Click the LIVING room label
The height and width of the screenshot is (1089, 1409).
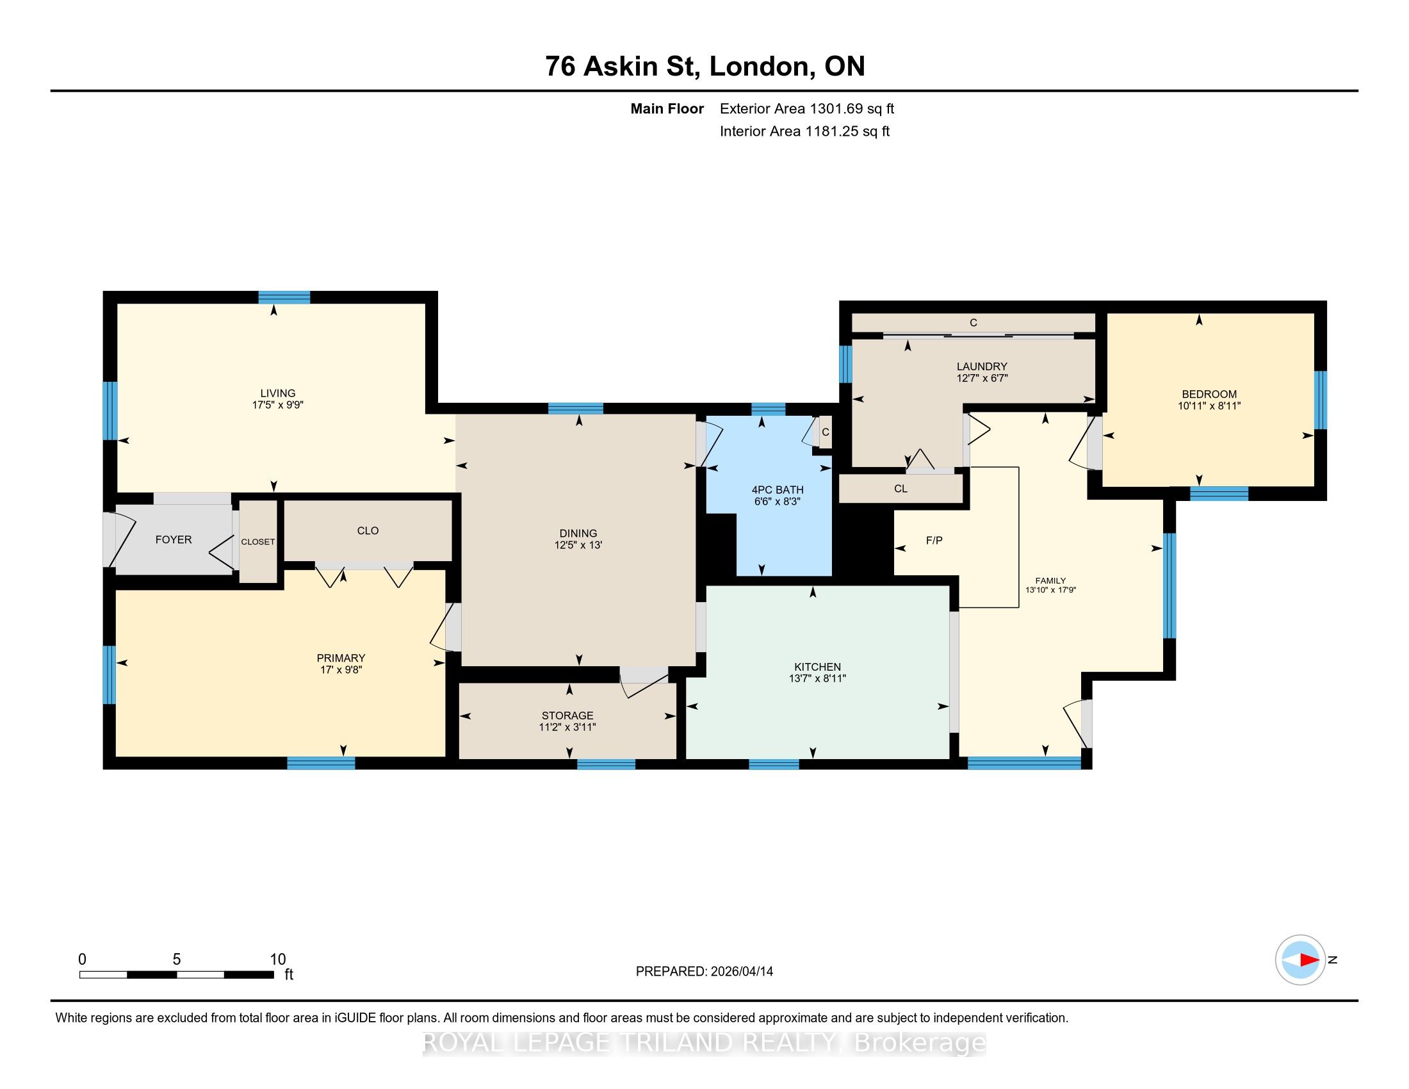277,393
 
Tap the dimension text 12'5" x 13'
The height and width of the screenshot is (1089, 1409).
578,545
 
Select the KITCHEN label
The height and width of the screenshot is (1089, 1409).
817,666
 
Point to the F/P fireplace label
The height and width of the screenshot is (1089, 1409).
934,541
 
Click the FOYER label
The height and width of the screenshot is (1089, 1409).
174,539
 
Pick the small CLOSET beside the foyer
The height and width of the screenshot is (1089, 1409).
258,542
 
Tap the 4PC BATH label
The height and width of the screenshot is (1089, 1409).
778,489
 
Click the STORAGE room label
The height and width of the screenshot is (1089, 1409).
567,716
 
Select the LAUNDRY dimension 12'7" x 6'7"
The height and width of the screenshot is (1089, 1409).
982,378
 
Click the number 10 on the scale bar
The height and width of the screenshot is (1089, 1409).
277,960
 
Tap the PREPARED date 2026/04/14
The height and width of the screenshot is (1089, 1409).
740,972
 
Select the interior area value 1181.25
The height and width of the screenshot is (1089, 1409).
829,131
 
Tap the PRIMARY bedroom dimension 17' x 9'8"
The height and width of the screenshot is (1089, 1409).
341,669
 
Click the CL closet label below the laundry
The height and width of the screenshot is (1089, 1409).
900,489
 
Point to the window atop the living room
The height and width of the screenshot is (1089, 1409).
284,297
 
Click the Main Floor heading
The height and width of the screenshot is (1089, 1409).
667,109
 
